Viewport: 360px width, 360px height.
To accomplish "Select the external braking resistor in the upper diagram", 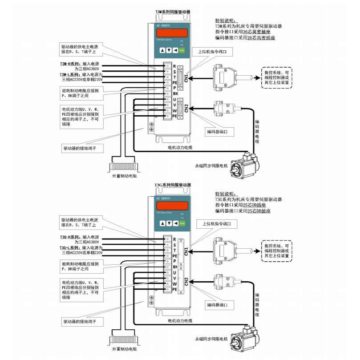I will click(123, 168).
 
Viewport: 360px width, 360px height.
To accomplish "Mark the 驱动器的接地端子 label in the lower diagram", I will click(82, 320).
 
